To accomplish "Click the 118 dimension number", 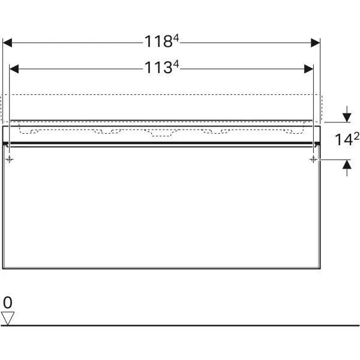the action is [158, 41].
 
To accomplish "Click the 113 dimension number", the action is [158, 68].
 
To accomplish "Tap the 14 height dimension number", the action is [344, 140].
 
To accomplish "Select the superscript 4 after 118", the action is [176, 38].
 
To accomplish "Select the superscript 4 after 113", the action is [176, 64].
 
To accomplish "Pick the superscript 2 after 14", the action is [356, 136].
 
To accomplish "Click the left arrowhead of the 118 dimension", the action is [7, 43].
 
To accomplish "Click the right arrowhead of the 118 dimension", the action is [316, 43].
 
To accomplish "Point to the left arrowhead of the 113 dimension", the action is [14, 69].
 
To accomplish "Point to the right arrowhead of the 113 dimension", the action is [309, 69].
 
